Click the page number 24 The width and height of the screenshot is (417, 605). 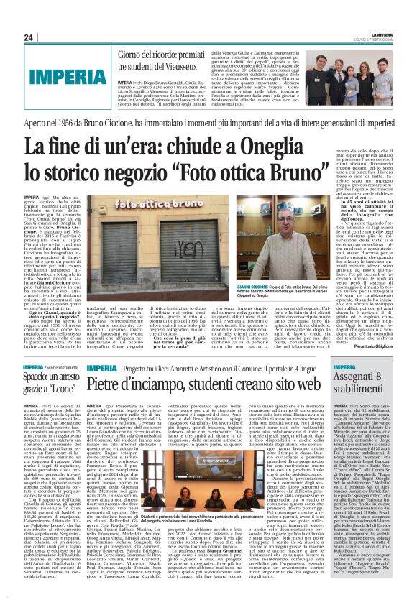[29, 37]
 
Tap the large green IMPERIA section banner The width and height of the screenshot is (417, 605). [60, 74]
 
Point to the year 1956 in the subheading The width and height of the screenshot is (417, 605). [83, 122]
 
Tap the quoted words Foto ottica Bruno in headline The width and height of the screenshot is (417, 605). [265, 172]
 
